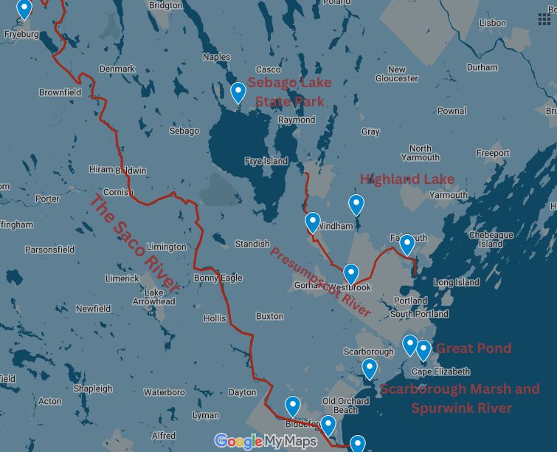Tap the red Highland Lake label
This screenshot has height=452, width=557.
406,179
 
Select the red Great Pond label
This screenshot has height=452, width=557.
473,348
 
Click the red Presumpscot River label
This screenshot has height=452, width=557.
320,282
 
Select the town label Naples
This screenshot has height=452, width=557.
216,57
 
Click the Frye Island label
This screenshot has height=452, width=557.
266,161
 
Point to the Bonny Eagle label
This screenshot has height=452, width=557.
218,278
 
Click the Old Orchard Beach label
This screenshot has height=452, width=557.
345,405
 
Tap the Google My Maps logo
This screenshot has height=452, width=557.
266,442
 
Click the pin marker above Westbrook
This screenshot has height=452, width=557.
350,275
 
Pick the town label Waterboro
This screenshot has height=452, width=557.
164,392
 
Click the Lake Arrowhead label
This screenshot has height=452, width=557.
153,296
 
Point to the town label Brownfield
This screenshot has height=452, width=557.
60,93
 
